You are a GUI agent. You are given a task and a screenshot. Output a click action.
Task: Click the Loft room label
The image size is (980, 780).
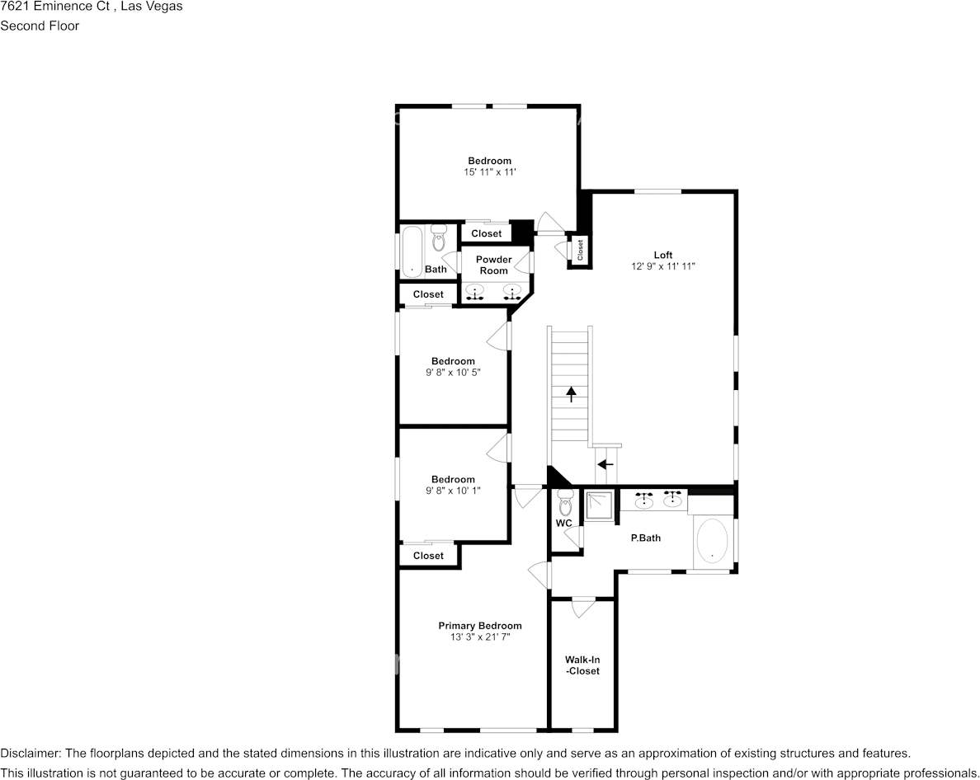click(x=663, y=255)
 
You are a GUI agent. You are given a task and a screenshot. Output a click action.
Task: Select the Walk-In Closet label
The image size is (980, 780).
click(x=582, y=665)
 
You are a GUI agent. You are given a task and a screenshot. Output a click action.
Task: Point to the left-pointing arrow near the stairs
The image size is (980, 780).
click(x=605, y=464)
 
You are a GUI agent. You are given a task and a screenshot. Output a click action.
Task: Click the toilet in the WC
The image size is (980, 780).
click(x=565, y=501)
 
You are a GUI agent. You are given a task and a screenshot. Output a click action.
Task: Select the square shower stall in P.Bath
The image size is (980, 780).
click(x=599, y=507)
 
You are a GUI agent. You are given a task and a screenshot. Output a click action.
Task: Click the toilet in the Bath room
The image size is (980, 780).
click(x=438, y=238)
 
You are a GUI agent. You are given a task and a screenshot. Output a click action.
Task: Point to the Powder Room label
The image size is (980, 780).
click(x=493, y=265)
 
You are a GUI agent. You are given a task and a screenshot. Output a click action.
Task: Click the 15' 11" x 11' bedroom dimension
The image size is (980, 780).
click(x=489, y=172)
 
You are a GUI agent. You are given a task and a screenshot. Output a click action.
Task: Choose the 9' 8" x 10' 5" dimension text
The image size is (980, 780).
click(x=453, y=372)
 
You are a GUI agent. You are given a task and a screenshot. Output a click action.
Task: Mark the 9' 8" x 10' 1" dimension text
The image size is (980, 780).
click(x=453, y=490)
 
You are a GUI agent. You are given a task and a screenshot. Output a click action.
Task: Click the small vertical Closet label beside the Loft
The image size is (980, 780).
click(x=580, y=250)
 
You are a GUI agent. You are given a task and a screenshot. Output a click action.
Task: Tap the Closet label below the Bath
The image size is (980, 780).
click(x=428, y=294)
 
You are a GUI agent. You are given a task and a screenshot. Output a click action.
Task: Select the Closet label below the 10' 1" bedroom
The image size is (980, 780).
click(x=428, y=556)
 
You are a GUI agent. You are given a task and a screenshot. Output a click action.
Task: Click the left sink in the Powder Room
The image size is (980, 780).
click(x=475, y=292)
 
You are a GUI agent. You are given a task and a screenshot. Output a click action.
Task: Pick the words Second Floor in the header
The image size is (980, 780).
click(x=40, y=26)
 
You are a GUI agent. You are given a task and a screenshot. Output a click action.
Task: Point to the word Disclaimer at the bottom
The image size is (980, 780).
click(x=30, y=754)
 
